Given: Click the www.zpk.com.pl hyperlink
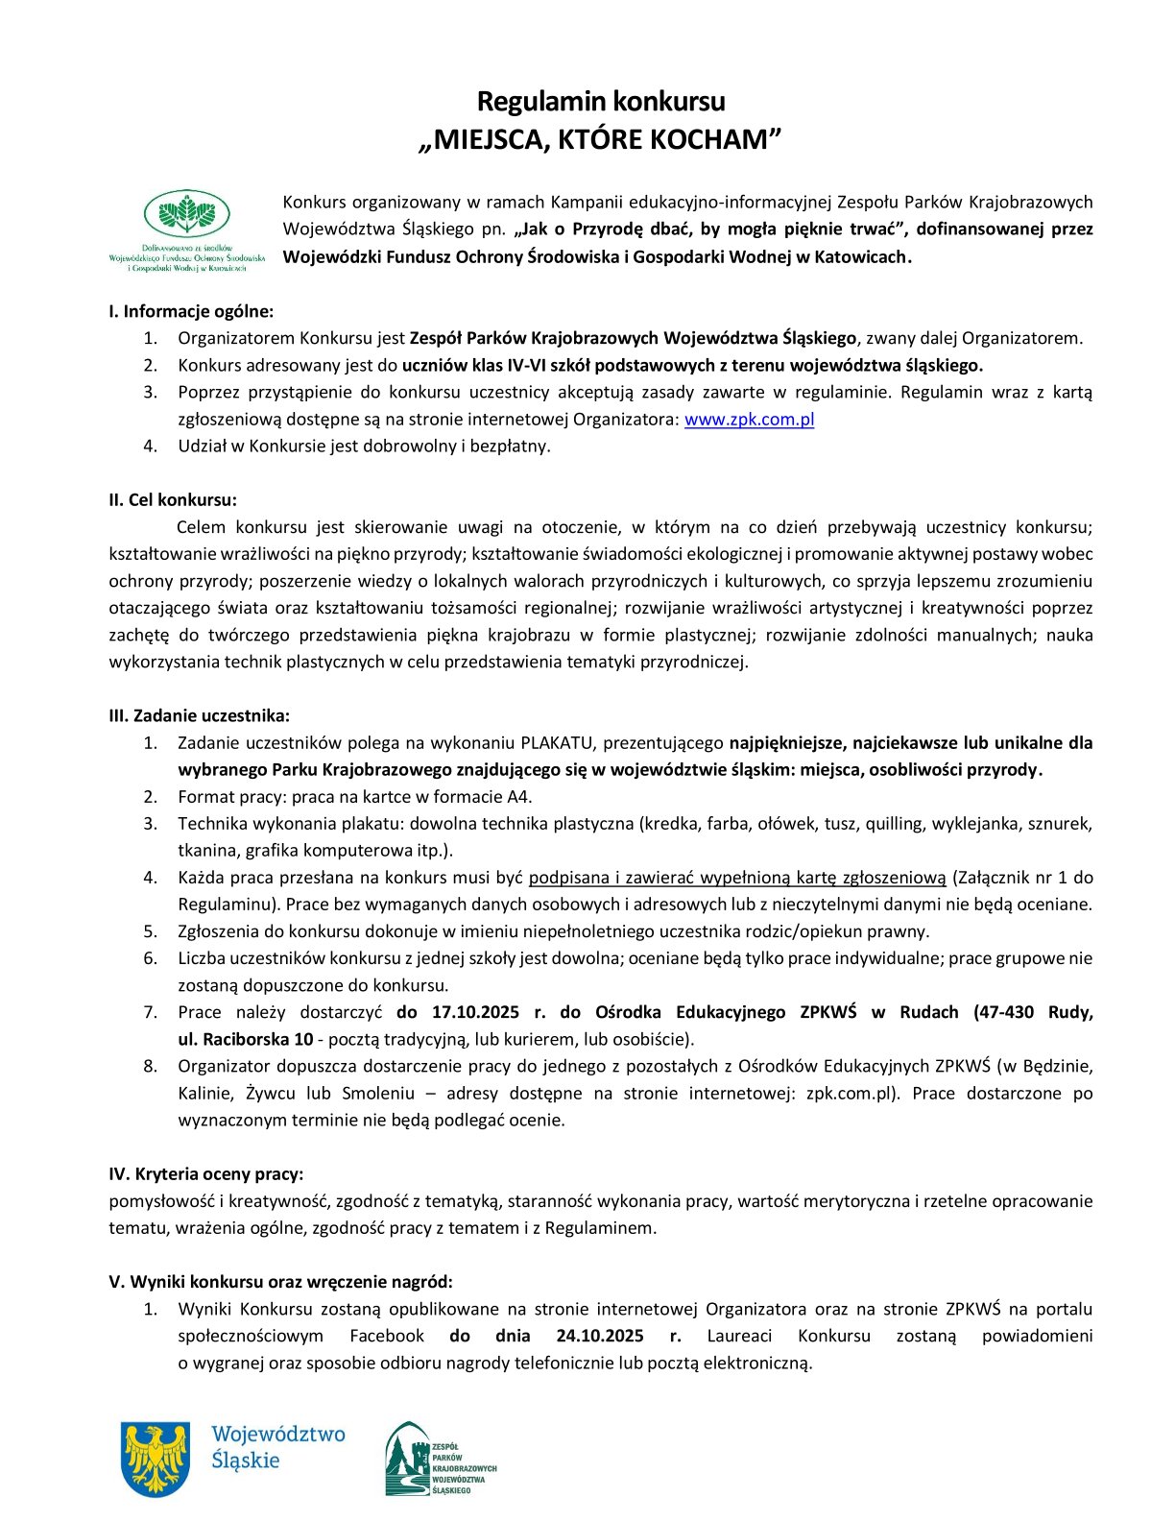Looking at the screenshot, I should pyautogui.click(x=749, y=420).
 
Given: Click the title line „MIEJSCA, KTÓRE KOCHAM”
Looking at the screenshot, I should pyautogui.click(x=600, y=140).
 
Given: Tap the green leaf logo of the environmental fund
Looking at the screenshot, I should pyautogui.click(x=187, y=214).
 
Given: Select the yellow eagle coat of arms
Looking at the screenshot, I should pyautogui.click(x=154, y=1459).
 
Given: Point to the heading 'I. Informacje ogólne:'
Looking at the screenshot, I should pyautogui.click(x=191, y=311).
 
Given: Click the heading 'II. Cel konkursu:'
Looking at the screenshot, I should pyautogui.click(x=173, y=499).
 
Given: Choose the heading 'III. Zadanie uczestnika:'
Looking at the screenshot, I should pyautogui.click(x=199, y=715).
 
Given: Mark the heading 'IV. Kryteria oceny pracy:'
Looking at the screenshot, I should pyautogui.click(x=205, y=1173).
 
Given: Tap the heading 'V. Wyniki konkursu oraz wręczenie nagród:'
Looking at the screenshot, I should pyautogui.click(x=280, y=1281).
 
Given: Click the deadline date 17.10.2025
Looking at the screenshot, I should pyautogui.click(x=475, y=1012).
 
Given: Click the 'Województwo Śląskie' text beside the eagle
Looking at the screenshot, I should pyautogui.click(x=277, y=1447).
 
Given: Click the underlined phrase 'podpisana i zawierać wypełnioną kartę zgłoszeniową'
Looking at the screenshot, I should pyautogui.click(x=737, y=878).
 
